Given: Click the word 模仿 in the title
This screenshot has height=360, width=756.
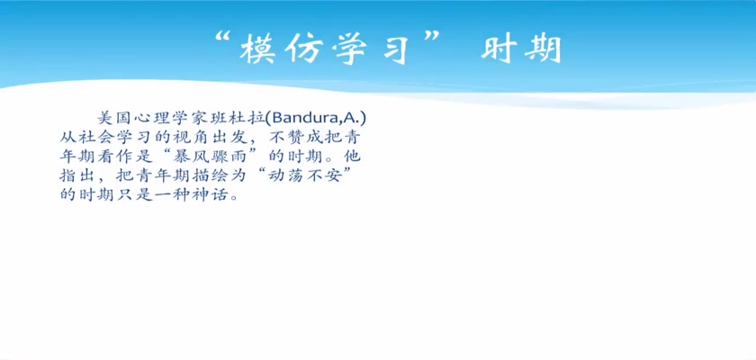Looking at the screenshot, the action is [282, 49].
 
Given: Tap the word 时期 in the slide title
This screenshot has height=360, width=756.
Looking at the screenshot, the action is [521, 49].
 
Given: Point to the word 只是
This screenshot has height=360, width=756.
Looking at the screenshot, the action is [133, 195].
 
